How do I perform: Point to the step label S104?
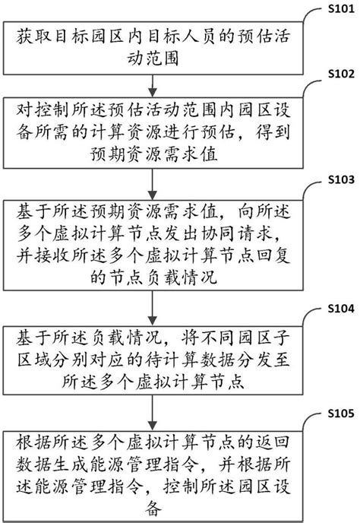339,312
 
